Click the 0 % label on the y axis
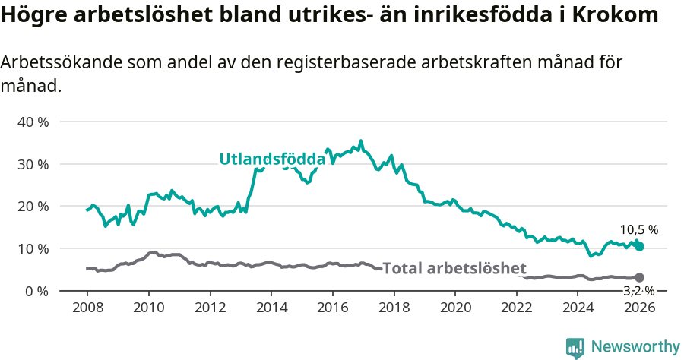pos(36,291)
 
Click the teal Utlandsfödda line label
pos(272,159)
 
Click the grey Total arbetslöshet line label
pos(454,268)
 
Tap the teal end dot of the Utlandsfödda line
pos(640,246)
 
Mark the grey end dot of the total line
pos(640,278)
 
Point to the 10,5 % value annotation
pos(639,229)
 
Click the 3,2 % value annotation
pos(639,291)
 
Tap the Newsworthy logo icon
pos(575,347)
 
